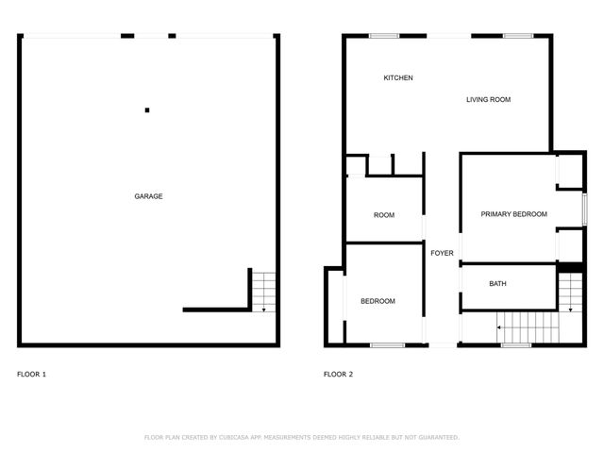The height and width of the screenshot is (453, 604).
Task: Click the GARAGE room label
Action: tap(148, 196)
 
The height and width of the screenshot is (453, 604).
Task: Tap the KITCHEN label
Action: tap(397, 77)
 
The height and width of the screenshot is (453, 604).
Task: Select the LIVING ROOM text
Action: tap(488, 99)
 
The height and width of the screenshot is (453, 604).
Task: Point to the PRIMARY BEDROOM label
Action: tap(513, 214)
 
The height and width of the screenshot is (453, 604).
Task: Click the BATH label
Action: tap(497, 284)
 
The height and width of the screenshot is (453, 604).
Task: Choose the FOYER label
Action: tap(442, 254)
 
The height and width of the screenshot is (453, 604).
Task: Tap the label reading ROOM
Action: tap(383, 215)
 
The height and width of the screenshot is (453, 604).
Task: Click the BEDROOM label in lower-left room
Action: tap(377, 301)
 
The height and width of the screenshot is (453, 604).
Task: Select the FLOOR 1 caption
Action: tap(31, 375)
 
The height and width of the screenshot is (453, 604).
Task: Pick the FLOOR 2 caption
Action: tap(338, 375)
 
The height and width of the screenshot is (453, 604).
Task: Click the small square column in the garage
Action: tap(147, 110)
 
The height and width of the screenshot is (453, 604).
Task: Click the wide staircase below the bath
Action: tap(528, 327)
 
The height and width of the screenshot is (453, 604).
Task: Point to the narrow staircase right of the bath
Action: tap(570, 294)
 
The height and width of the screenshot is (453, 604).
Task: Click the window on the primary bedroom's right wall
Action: tap(584, 208)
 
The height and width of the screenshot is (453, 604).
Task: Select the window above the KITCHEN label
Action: tap(384, 36)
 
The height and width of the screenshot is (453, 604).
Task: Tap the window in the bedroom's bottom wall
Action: tap(387, 344)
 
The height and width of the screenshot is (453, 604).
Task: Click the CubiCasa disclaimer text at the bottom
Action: tap(301, 437)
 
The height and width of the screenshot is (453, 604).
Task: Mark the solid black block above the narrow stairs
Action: tap(570, 267)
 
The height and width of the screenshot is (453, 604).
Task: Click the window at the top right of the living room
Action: tap(517, 36)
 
